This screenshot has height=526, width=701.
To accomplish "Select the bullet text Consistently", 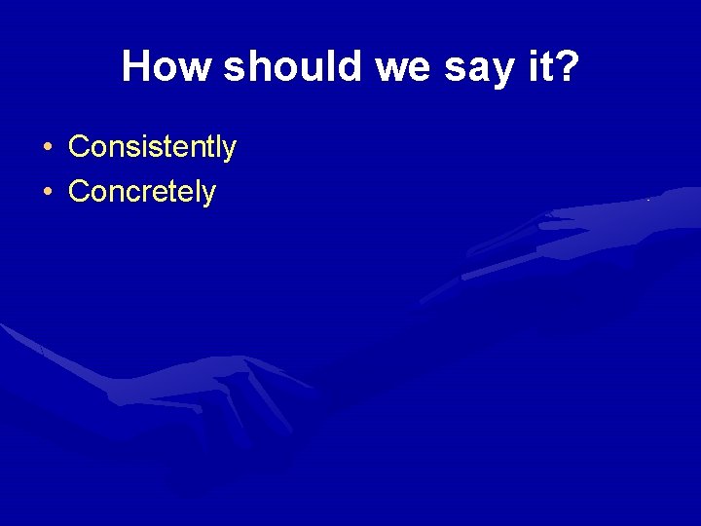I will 152,147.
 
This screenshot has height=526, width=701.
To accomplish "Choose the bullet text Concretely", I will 141,191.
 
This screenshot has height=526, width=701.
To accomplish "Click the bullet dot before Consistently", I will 47,148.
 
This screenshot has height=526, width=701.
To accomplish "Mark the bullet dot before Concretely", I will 47,192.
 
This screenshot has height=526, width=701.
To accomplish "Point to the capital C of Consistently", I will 79,147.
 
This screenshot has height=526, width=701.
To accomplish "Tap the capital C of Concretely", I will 79,191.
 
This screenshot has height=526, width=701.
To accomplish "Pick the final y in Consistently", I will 229,150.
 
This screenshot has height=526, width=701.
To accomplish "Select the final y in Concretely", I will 208,194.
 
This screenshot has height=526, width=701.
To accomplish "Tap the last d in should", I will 324,66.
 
